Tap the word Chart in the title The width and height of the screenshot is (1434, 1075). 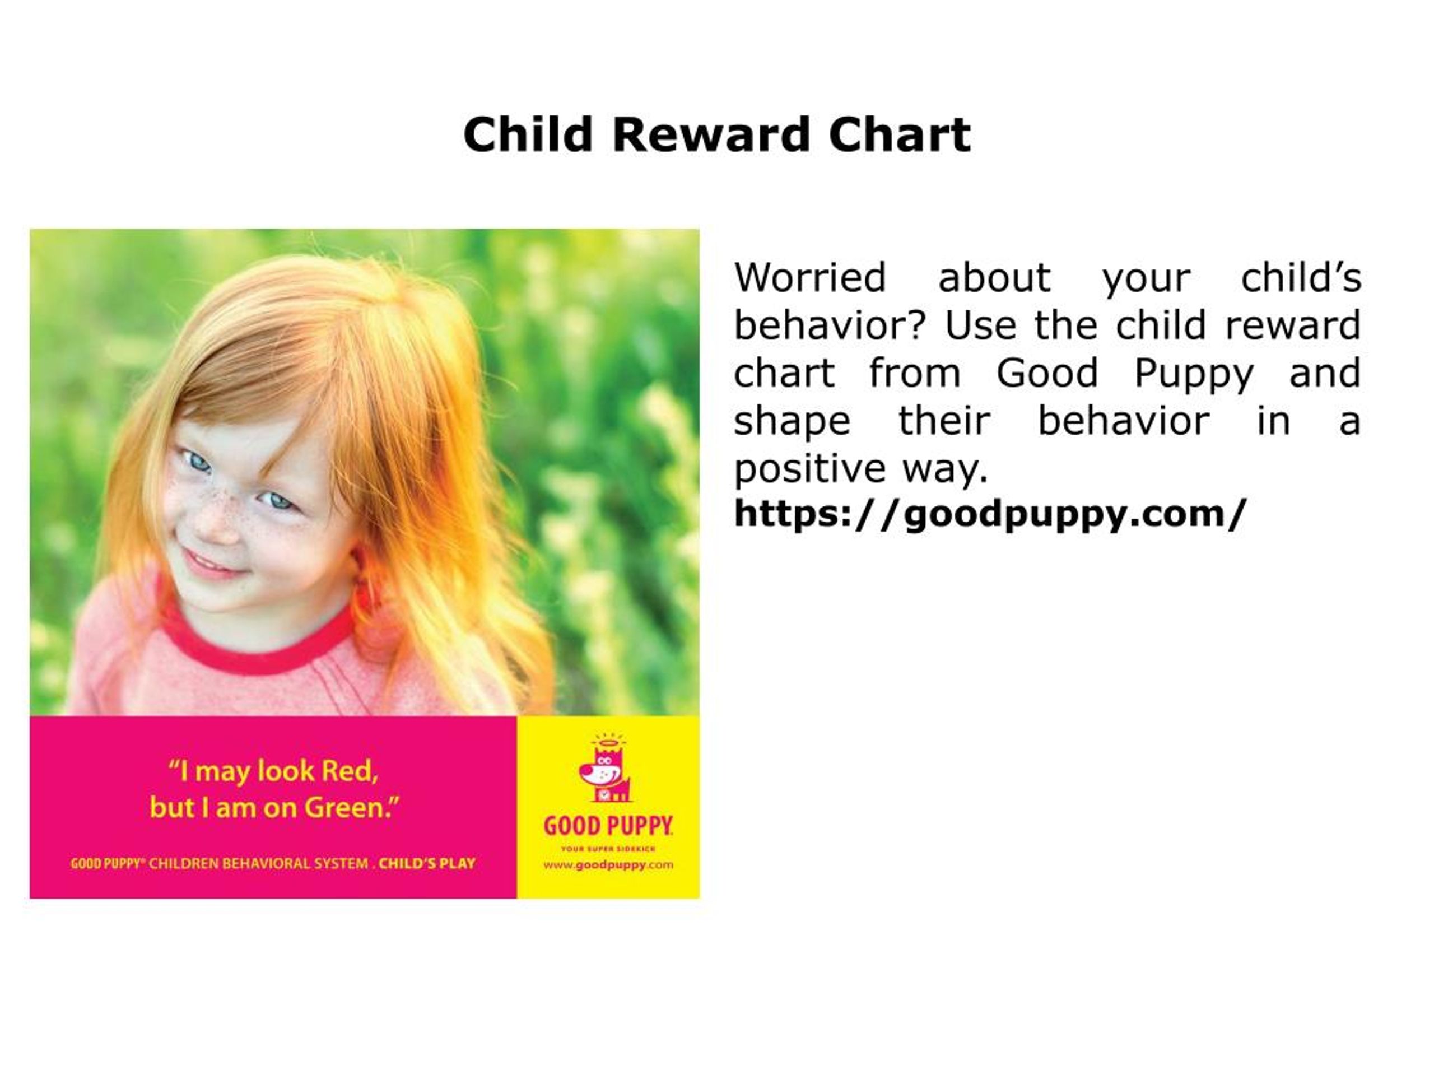[900, 135]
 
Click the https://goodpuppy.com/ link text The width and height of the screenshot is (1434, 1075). [990, 514]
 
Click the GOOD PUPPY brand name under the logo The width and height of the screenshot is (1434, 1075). [607, 826]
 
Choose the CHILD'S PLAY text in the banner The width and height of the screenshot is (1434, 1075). [427, 864]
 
